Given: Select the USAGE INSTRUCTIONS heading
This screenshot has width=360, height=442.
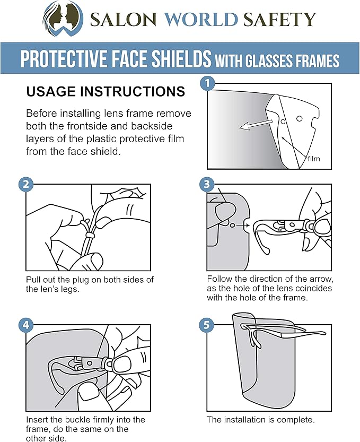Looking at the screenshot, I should pyautogui.click(x=106, y=92).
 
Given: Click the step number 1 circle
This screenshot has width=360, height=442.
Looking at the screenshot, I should pyautogui.click(x=208, y=83).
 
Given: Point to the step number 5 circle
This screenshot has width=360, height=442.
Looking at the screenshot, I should pyautogui.click(x=207, y=325).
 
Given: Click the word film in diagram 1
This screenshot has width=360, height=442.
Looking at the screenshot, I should pyautogui.click(x=313, y=159).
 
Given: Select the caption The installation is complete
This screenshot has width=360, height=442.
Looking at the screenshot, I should pyautogui.click(x=261, y=420).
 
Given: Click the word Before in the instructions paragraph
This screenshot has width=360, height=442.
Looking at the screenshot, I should pyautogui.click(x=43, y=114).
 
